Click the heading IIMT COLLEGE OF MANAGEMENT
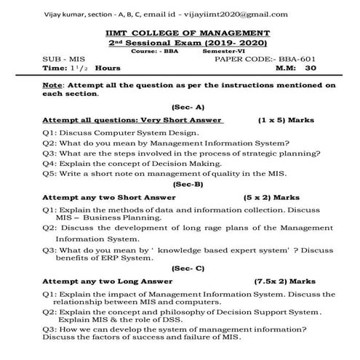click(x=179, y=33)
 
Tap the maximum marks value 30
click(x=311, y=67)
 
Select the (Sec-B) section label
click(x=177, y=184)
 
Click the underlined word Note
click(x=53, y=85)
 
